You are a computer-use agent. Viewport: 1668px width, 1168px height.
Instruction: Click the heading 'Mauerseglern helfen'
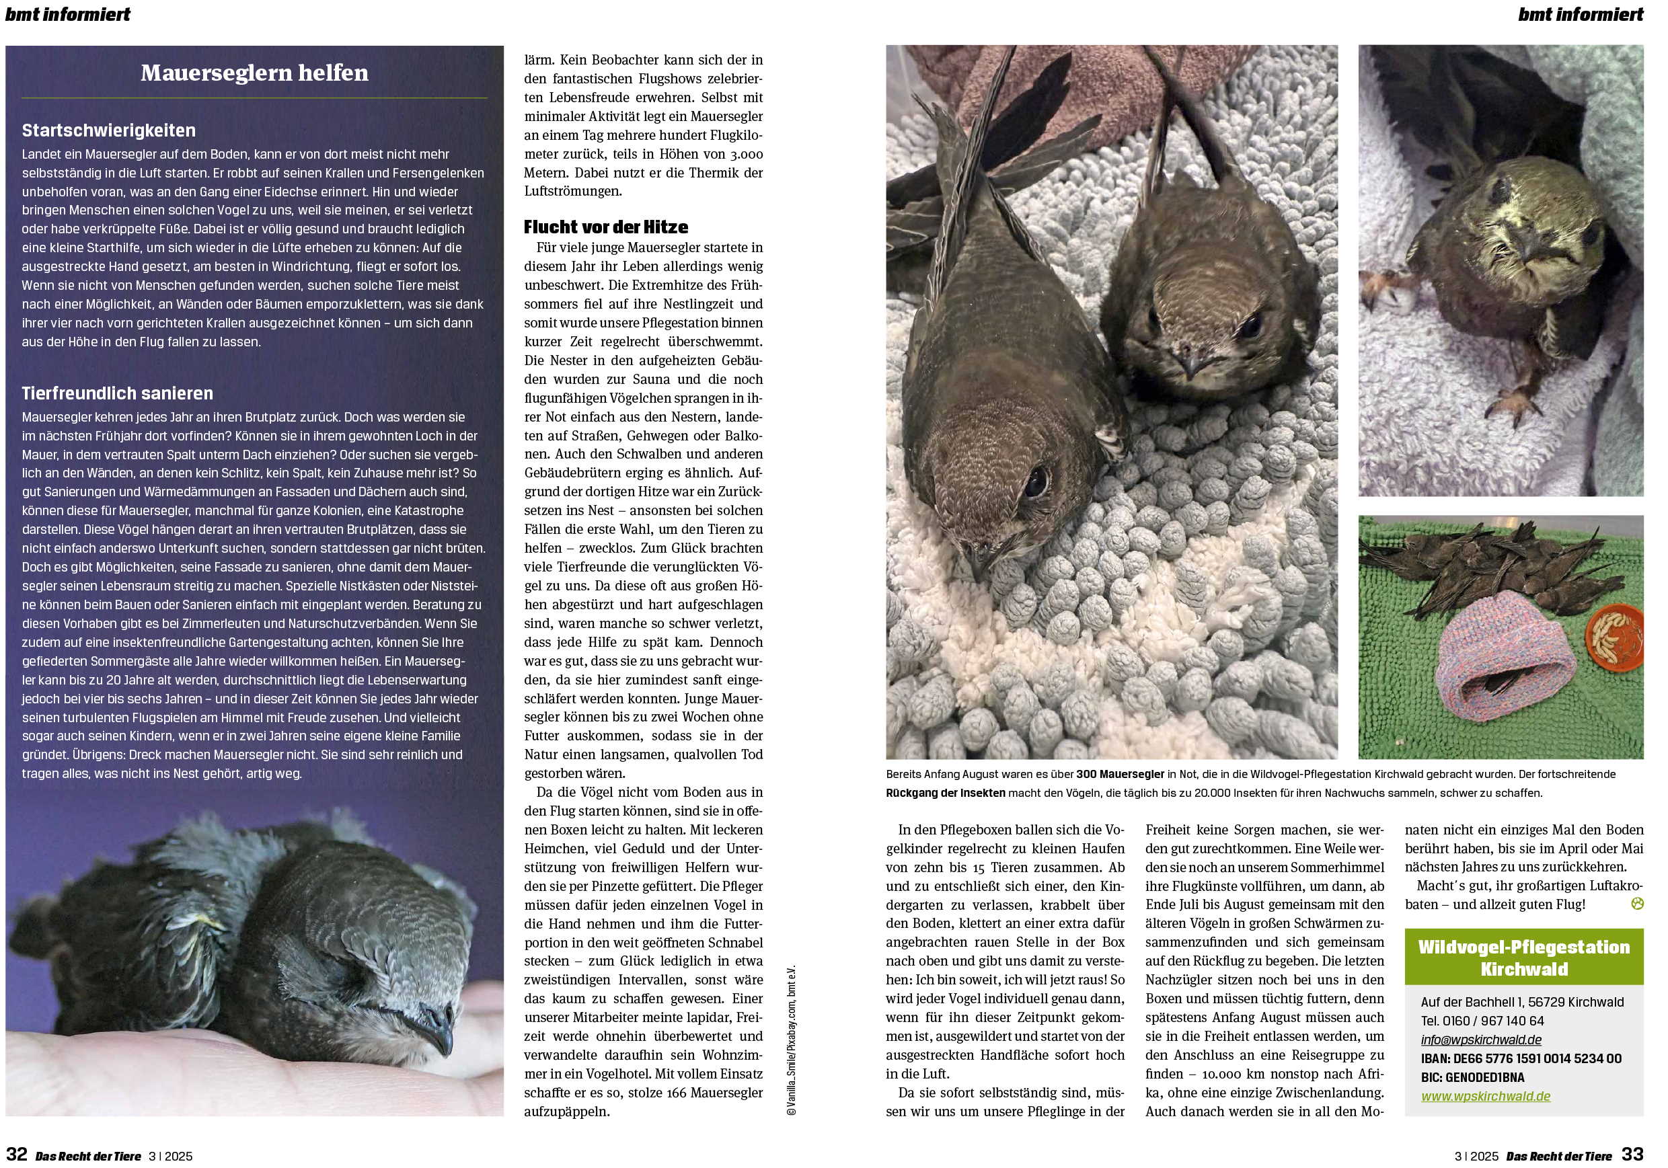pyautogui.click(x=254, y=73)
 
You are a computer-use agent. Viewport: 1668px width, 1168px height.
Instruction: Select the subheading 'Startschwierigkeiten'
pyautogui.click(x=109, y=130)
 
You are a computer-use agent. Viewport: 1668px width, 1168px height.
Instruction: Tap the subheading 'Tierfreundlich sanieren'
pyautogui.click(x=118, y=393)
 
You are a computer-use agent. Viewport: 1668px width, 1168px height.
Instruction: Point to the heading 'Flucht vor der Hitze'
pyautogui.click(x=606, y=227)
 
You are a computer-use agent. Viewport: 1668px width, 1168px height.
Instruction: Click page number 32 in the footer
pyautogui.click(x=17, y=1154)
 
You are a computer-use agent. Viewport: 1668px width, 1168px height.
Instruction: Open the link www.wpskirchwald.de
pyautogui.click(x=1486, y=1096)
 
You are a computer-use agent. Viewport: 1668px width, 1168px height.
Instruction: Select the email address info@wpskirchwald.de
pyautogui.click(x=1480, y=1040)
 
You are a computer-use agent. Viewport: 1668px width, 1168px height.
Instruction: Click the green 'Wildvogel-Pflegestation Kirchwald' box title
pyautogui.click(x=1523, y=958)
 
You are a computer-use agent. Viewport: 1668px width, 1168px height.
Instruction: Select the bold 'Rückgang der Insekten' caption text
pyautogui.click(x=945, y=793)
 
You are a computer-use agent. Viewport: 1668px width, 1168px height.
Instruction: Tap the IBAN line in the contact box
pyautogui.click(x=1521, y=1058)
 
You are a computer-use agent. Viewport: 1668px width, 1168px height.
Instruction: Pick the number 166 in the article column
pyautogui.click(x=674, y=1093)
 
